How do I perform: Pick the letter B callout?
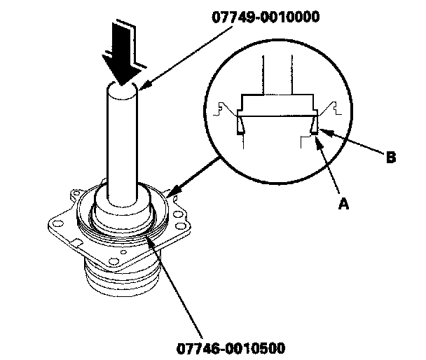pyautogui.click(x=391, y=158)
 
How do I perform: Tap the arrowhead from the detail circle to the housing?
pyautogui.click(x=171, y=192)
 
